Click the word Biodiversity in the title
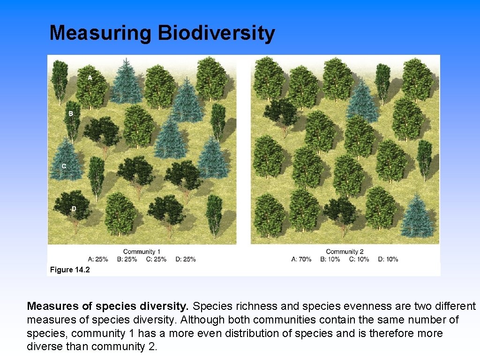[x=216, y=33]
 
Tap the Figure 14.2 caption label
[x=70, y=270]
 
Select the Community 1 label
[x=142, y=252]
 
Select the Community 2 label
[x=345, y=252]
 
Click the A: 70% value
[x=301, y=259]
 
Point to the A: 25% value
[x=98, y=259]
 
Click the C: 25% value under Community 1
[x=156, y=259]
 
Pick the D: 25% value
[x=186, y=259]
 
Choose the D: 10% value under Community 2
[x=388, y=259]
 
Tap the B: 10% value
[x=330, y=259]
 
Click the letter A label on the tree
[x=90, y=77]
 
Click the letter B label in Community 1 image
[x=71, y=113]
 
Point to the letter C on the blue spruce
[x=64, y=166]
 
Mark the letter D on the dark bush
[x=74, y=209]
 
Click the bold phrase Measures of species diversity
[x=108, y=307]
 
